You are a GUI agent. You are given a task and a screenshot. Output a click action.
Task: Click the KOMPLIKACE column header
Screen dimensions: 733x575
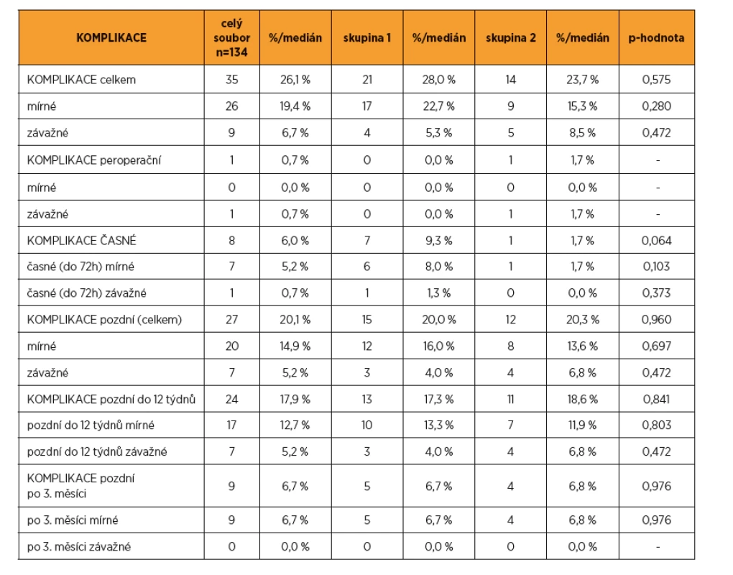111,38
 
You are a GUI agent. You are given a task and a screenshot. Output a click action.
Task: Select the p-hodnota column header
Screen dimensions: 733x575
656,38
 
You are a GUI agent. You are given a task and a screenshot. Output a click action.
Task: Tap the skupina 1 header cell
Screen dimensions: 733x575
367,38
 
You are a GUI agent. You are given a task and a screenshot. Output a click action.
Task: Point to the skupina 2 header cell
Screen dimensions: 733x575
510,38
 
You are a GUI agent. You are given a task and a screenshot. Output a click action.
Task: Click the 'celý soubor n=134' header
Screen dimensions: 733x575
232,38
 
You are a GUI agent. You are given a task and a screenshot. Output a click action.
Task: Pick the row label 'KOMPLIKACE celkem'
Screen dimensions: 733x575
81,80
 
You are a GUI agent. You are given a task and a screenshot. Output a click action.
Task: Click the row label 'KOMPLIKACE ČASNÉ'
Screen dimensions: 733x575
82,240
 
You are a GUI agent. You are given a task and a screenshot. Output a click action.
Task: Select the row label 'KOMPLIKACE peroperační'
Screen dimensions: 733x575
94,160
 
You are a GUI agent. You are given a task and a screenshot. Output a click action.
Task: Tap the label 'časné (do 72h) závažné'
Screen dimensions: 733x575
86,293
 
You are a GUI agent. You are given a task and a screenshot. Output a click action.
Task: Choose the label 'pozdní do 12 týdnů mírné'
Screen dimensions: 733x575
91,425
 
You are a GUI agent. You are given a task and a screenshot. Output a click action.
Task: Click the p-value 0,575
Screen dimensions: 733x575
656,80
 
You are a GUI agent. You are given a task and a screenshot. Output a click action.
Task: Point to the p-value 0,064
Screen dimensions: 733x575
656,241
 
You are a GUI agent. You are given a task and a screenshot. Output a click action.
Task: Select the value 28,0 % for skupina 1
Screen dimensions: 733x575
438,80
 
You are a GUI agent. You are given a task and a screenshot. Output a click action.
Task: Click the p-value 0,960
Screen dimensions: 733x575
656,320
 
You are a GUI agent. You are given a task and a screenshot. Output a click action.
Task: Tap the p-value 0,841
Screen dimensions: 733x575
656,399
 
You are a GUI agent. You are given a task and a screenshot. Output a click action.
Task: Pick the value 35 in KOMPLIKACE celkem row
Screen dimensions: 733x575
232,80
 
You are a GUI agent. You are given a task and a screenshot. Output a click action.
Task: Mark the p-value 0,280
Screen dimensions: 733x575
656,106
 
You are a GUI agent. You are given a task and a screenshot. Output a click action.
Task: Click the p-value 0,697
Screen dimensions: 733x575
656,346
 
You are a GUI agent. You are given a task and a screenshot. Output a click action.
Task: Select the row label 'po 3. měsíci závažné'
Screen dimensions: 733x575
79,546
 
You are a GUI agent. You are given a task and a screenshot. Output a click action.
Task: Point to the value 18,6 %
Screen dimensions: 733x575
583,399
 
